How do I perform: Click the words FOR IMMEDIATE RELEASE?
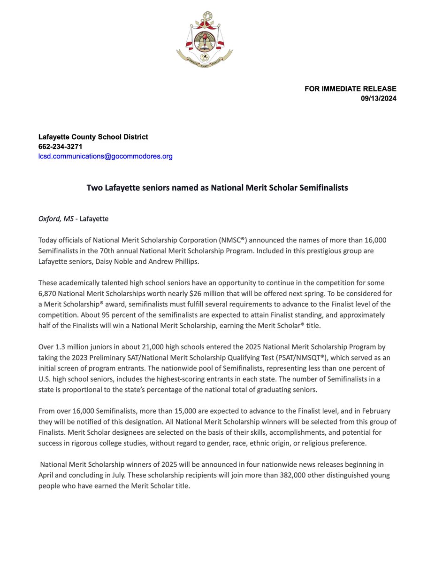[351, 88]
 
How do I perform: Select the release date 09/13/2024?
[378, 98]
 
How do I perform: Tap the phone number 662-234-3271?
[60, 147]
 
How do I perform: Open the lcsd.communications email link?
[105, 156]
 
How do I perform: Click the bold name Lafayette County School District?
[93, 137]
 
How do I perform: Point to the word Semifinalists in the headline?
[321, 188]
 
